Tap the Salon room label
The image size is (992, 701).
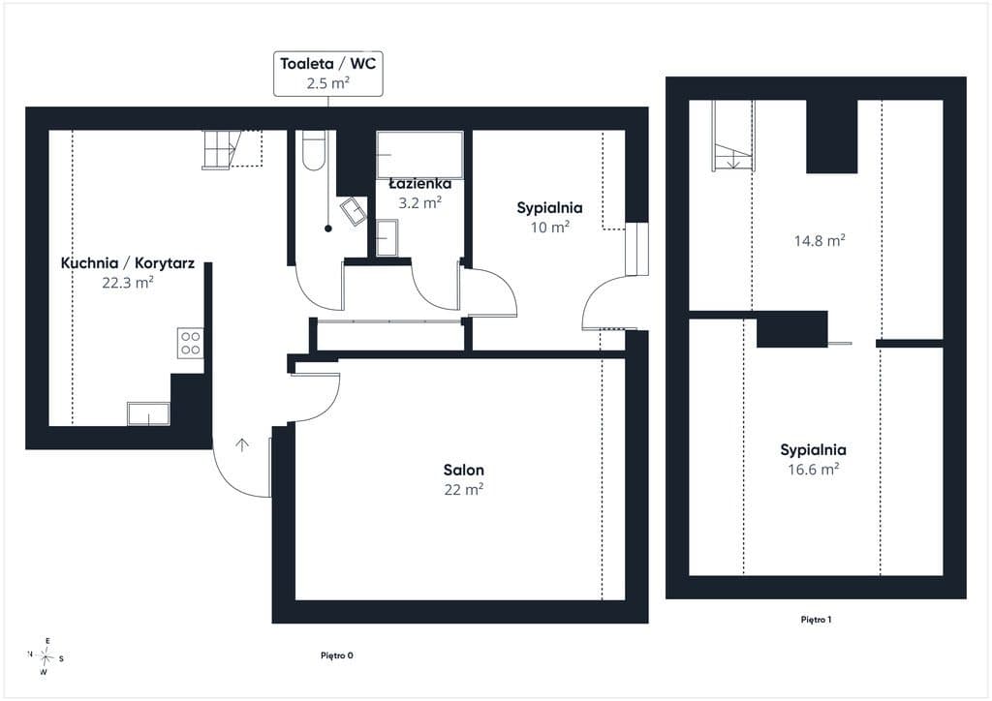464,470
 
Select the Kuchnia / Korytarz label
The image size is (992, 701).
127,263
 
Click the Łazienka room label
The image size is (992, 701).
420,184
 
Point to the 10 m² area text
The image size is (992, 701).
550,227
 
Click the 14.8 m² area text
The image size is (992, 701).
820,240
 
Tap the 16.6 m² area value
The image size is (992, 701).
814,469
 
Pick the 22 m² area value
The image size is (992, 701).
464,489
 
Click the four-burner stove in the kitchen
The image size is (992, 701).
191,343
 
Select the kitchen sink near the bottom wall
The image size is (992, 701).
148,414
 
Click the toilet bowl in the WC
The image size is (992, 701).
313,150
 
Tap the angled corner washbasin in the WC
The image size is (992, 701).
354,211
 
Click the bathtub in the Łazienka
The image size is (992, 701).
419,155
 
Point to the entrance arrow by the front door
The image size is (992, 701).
241,445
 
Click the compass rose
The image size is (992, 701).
46,657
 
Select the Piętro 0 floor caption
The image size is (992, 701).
336,655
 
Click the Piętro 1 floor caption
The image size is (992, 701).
816,620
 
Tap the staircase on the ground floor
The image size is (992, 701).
232,149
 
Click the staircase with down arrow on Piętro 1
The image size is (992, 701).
733,136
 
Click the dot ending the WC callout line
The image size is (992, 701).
328,229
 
